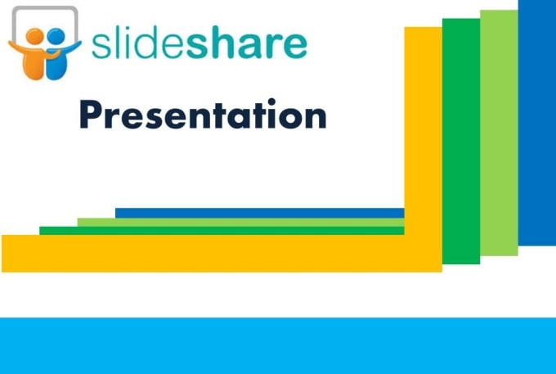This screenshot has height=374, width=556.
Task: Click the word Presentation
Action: pos(203,115)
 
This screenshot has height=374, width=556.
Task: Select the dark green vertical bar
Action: pos(460,139)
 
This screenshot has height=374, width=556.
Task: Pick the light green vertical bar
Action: pos(499,131)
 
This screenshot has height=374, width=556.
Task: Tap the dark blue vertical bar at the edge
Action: pos(537,123)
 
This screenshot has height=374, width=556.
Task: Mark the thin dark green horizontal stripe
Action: pos(221,231)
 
